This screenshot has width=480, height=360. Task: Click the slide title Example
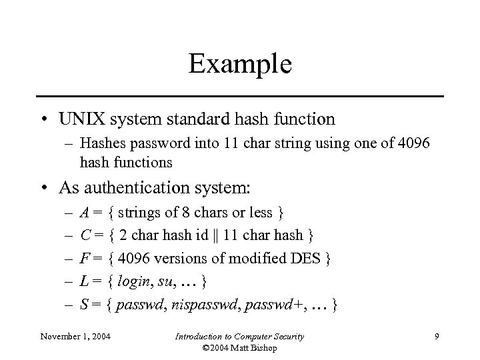coord(240,64)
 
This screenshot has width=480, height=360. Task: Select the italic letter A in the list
coord(83,213)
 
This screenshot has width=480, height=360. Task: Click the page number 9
coord(436,337)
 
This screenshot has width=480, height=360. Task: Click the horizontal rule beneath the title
coord(240,97)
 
